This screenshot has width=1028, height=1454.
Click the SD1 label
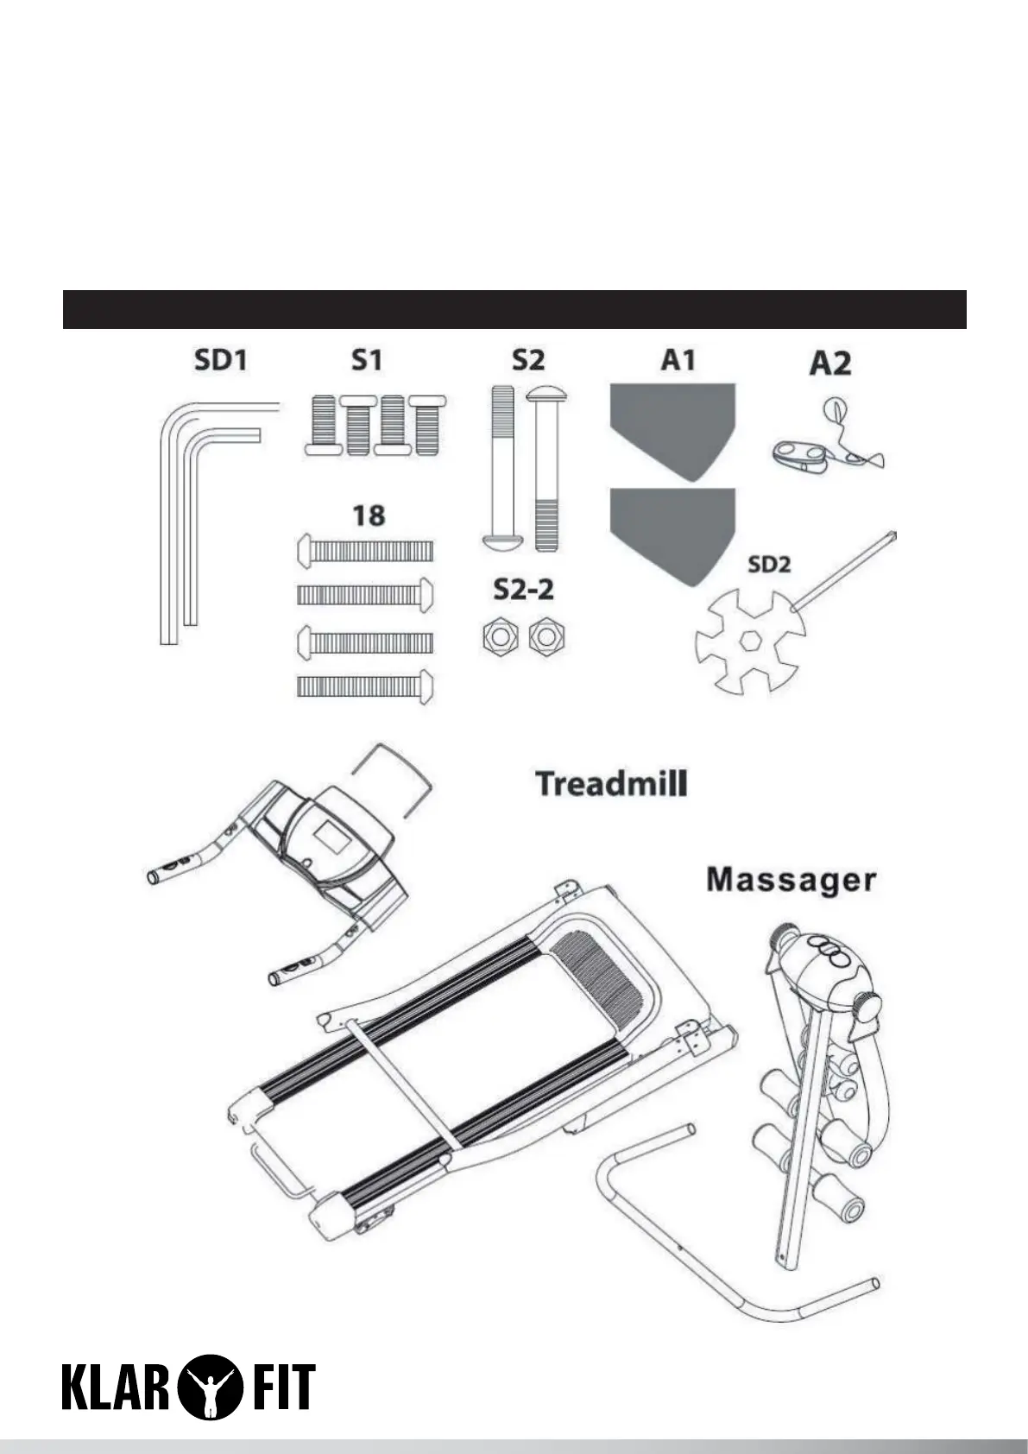221,360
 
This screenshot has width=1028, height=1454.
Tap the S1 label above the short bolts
367,360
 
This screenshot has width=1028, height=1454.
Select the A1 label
678,360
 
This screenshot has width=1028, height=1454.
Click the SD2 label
768,565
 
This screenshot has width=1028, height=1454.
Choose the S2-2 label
524,590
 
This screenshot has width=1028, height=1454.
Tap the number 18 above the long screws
369,515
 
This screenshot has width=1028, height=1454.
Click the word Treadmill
611,784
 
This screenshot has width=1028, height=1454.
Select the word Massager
791,881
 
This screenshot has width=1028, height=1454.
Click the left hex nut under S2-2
499,637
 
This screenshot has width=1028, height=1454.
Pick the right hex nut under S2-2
546,637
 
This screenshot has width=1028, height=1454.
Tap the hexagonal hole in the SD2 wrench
747,642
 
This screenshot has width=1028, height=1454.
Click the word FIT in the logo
281,1387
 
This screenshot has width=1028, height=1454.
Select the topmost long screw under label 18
364,549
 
